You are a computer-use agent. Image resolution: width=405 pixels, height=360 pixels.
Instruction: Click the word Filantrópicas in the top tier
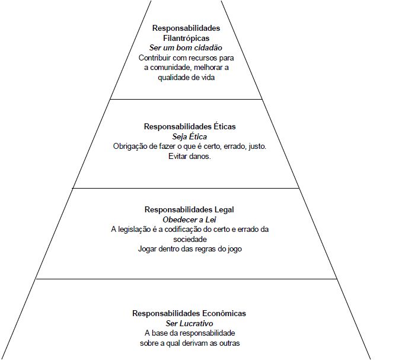pos(186,37)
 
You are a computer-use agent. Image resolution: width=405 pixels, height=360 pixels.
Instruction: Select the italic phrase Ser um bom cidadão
pos(186,47)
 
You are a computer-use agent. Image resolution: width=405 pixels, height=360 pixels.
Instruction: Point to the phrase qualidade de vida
pos(186,78)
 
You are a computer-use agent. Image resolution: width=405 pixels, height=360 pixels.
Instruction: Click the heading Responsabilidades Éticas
pos(189,126)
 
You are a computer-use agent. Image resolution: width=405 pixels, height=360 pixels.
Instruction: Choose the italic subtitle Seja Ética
pos(189,136)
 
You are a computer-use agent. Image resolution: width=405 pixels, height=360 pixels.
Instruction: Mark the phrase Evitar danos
pos(189,157)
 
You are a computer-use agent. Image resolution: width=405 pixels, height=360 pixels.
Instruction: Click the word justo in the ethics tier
pos(256,146)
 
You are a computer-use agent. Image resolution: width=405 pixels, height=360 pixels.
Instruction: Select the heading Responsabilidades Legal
pos(189,209)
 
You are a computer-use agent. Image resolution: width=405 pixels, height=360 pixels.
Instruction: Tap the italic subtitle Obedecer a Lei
pos(189,219)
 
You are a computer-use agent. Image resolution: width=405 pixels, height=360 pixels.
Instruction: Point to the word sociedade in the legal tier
pos(189,239)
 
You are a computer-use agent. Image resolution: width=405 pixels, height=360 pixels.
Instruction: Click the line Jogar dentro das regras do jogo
pos(189,249)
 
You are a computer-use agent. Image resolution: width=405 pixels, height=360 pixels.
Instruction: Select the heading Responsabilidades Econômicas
pos(189,313)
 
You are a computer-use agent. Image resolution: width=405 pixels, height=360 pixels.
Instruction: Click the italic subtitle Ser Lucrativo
pos(189,323)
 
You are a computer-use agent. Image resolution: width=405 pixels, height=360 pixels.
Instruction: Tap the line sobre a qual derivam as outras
pos(189,343)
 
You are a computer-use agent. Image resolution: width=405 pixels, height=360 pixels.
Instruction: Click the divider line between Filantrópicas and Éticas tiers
pos(186,99)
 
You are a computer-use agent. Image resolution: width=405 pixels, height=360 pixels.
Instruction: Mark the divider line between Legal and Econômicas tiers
pos(186,279)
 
